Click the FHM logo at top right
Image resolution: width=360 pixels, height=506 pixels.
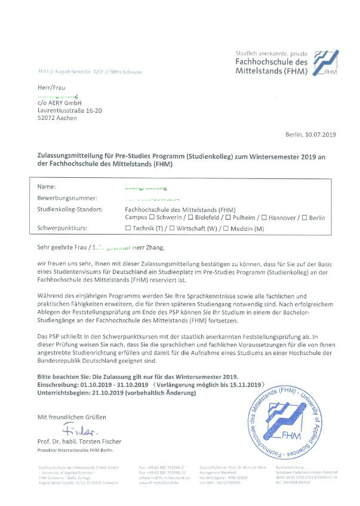(x=326, y=61)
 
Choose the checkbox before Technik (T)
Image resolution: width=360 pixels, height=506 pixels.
(x=128, y=229)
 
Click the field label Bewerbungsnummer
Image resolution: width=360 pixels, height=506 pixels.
(x=67, y=198)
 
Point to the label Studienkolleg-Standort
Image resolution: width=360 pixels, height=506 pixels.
(x=70, y=210)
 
